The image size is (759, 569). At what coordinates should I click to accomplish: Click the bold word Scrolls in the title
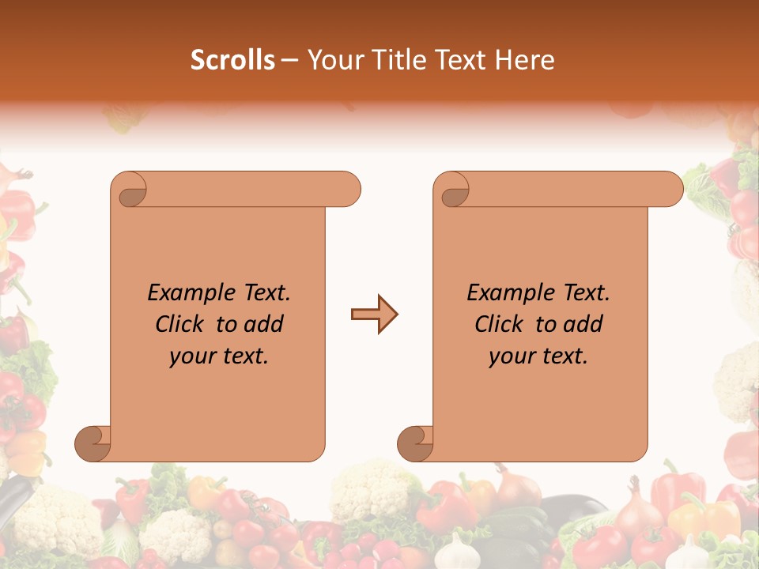pyautogui.click(x=232, y=60)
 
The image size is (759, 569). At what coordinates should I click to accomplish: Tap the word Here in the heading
pyautogui.click(x=524, y=60)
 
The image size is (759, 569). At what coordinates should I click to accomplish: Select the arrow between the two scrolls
pyautogui.click(x=374, y=315)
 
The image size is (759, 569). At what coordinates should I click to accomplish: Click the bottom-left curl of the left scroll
pyautogui.click(x=92, y=443)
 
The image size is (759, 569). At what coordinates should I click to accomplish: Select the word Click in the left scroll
pyautogui.click(x=182, y=324)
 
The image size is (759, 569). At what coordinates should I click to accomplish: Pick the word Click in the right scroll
pyautogui.click(x=500, y=324)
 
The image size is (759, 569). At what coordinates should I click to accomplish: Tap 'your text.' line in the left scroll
pyautogui.click(x=219, y=356)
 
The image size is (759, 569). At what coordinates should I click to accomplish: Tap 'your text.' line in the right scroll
pyautogui.click(x=538, y=356)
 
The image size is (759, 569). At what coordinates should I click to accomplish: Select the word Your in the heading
pyautogui.click(x=332, y=60)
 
